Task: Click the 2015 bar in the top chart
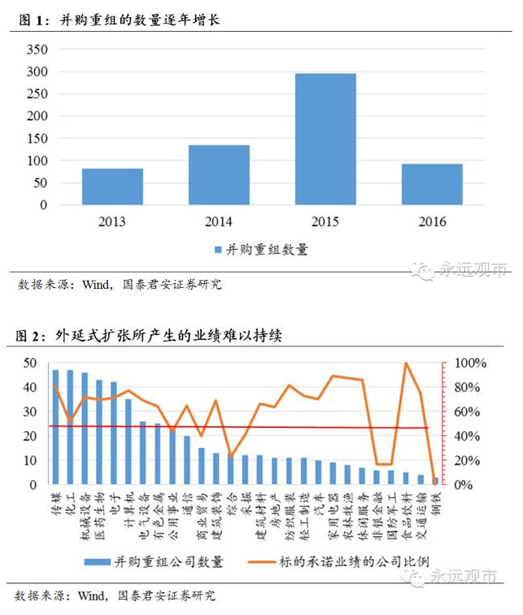point(325,139)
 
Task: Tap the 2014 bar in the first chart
point(220,175)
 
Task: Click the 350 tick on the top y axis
point(37,50)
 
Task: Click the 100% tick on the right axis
point(470,363)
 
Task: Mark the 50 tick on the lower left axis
point(30,363)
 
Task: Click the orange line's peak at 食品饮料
point(406,363)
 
